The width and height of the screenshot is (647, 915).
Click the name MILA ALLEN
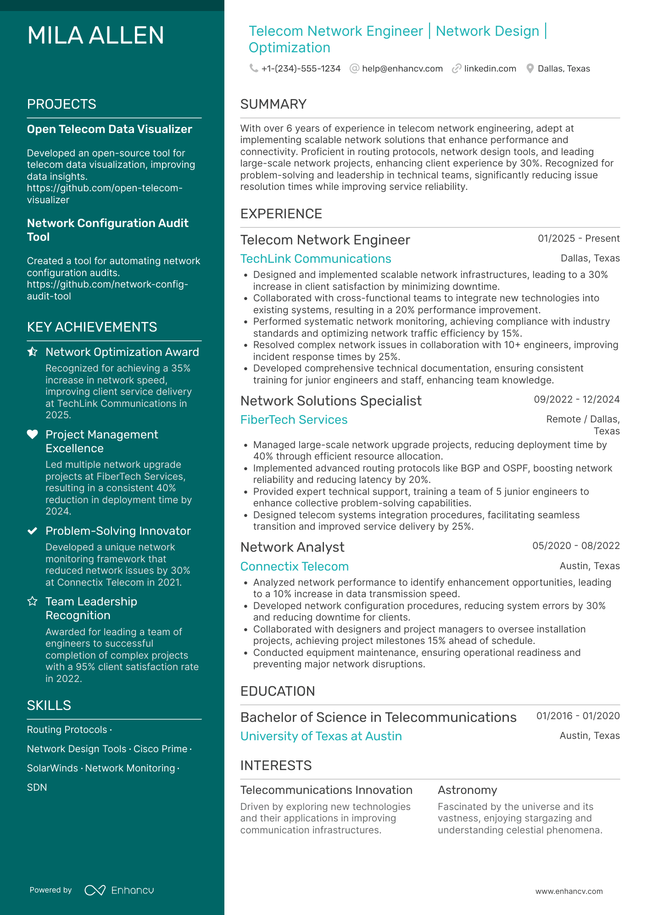point(95,36)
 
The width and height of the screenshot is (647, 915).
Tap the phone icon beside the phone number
point(253,68)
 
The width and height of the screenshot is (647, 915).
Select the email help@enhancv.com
point(402,69)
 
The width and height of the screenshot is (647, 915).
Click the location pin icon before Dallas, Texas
point(530,69)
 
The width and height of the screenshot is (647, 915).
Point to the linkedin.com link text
point(490,69)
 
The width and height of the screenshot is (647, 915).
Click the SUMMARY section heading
point(273,104)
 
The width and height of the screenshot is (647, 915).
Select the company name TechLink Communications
point(316,259)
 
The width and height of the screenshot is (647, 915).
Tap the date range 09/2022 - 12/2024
point(576,399)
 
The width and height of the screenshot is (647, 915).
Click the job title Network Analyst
point(292,547)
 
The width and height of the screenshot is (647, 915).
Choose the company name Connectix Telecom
point(295,566)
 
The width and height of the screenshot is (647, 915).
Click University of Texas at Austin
point(321,736)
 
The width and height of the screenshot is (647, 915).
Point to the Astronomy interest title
point(467,790)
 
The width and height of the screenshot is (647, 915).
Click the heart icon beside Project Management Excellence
point(32,434)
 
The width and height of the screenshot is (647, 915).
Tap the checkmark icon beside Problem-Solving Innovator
point(32,531)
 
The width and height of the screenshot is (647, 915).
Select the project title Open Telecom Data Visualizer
point(109,129)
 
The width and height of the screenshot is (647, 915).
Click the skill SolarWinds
point(52,768)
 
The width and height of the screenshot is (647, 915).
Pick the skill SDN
point(37,787)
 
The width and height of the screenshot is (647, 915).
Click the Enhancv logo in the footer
point(119,890)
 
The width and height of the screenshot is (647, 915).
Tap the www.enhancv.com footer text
point(569,891)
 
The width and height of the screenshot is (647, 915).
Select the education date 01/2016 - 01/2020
point(578,716)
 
